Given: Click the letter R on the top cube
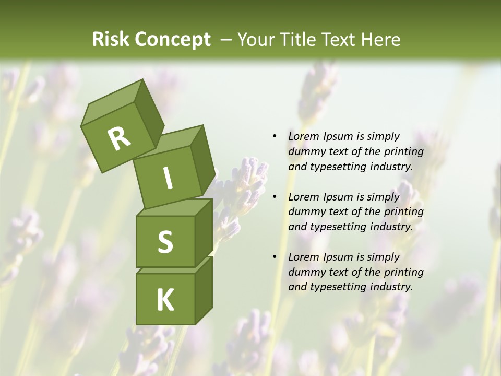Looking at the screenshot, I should click(x=119, y=139).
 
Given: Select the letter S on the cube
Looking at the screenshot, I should click(x=165, y=242).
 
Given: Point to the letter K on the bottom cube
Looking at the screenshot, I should click(x=165, y=300).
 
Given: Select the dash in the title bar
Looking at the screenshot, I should click(x=226, y=40).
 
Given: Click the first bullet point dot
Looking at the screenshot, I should click(x=275, y=137).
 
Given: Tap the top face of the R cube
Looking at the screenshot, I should click(x=111, y=101).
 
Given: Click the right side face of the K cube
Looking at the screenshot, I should click(x=204, y=290).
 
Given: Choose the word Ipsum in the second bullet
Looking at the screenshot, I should click(x=338, y=197).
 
